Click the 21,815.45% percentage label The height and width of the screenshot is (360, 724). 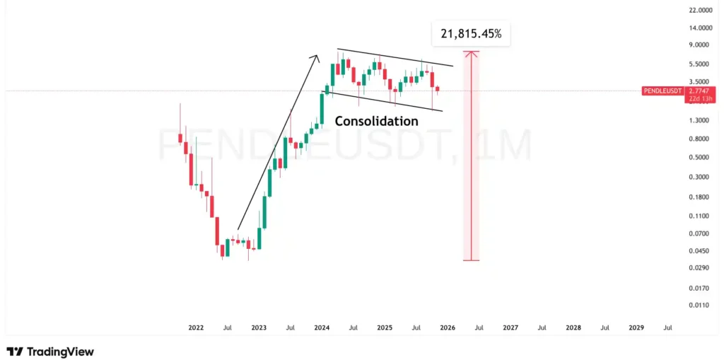[x=471, y=33]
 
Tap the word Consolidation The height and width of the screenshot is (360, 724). [x=376, y=121]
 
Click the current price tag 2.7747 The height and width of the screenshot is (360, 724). [x=699, y=91]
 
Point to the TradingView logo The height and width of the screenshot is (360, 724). [x=50, y=352]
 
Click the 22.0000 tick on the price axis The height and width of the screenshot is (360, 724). [x=699, y=10]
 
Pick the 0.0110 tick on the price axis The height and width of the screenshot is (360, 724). [x=699, y=305]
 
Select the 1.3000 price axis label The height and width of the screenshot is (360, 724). [x=699, y=120]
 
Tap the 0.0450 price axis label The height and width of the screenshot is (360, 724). [x=699, y=250]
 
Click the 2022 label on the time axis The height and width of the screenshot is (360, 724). [x=196, y=328]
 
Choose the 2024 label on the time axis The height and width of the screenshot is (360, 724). [x=322, y=328]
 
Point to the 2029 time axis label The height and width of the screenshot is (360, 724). [x=636, y=328]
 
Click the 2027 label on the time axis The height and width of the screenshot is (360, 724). [x=510, y=328]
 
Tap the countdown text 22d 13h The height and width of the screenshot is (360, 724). [x=699, y=99]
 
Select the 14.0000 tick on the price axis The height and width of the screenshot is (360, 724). [x=699, y=28]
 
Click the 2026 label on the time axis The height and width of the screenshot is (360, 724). [x=448, y=328]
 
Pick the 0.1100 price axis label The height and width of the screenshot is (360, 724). [x=699, y=215]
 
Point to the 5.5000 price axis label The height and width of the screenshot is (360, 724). [x=699, y=64]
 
